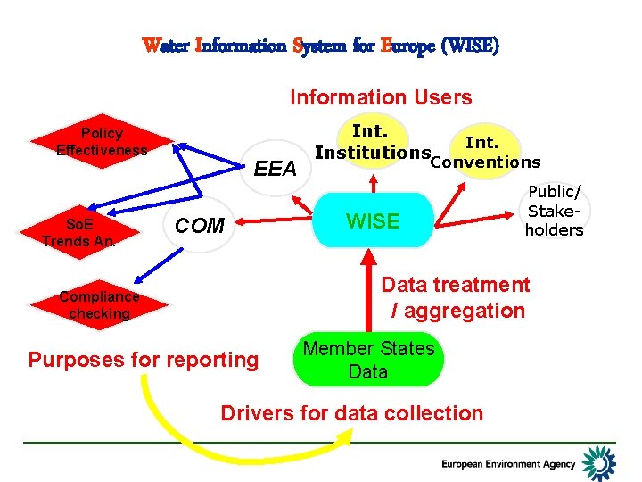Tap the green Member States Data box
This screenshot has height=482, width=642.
368,361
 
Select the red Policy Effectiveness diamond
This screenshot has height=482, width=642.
100,141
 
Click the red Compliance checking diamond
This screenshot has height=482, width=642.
100,305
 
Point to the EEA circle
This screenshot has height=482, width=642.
276,168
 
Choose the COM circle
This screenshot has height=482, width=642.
200,226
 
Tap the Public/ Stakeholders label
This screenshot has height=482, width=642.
554,211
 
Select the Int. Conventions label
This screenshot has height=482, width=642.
484,153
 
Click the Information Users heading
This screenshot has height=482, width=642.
381,97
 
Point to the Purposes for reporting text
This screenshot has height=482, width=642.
143,360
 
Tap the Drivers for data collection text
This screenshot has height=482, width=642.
351,413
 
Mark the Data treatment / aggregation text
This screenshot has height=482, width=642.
456,297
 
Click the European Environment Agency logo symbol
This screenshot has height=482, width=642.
598,462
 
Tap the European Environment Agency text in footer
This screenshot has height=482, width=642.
508,464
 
